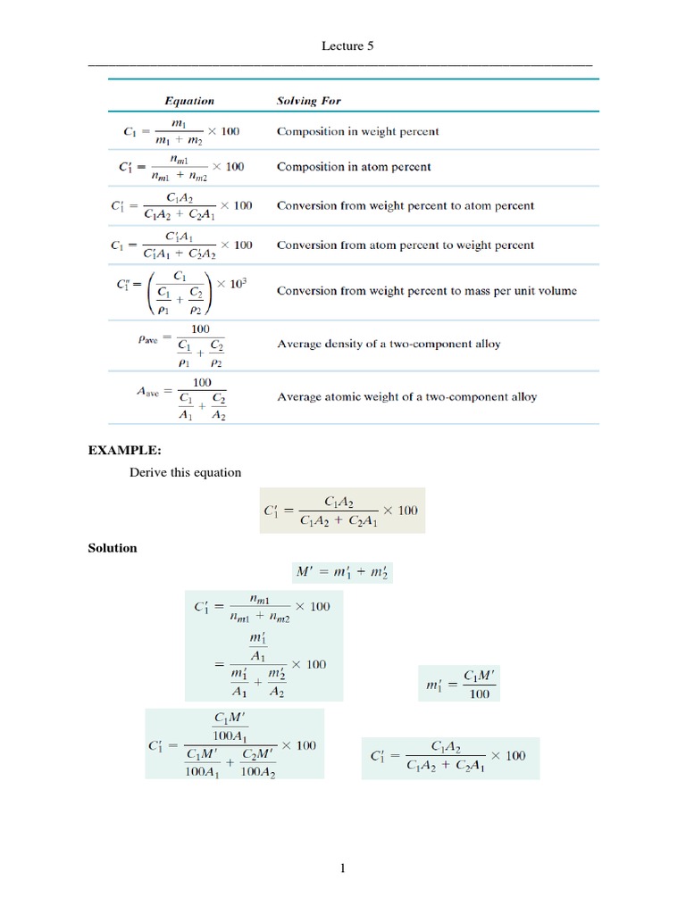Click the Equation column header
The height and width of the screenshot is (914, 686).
[188, 101]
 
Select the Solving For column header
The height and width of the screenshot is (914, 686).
[309, 101]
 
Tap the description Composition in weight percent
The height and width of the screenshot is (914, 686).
[357, 131]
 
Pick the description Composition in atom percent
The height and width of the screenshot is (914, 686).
[354, 166]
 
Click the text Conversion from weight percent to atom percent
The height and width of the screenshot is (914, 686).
[406, 205]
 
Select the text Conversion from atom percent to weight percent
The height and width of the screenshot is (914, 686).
[406, 245]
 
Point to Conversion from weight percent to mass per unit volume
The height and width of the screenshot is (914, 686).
[427, 290]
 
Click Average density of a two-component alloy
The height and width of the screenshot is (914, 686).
[389, 343]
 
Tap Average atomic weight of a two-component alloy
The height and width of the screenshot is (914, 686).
[407, 396]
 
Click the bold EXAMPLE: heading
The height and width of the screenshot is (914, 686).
[124, 451]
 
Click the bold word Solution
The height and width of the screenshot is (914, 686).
[112, 548]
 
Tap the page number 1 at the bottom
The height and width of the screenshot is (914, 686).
[342, 867]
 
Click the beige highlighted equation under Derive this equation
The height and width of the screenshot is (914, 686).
[342, 511]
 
